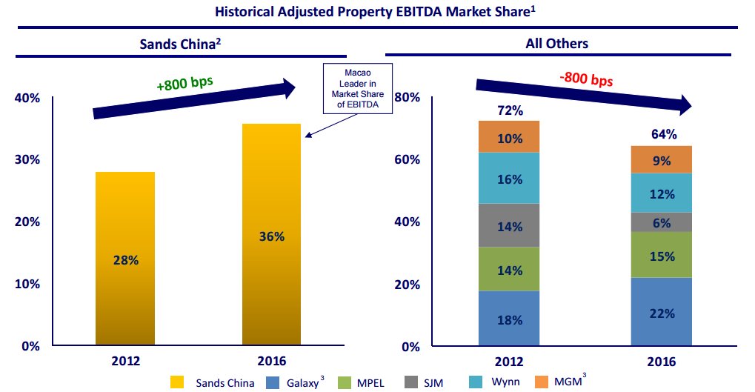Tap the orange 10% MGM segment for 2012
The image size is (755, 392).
click(508, 137)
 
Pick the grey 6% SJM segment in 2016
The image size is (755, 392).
click(662, 222)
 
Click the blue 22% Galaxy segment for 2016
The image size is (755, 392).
click(662, 312)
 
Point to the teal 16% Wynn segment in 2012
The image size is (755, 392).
click(508, 179)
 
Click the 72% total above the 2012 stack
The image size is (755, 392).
click(510, 111)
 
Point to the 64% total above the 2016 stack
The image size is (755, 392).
click(663, 134)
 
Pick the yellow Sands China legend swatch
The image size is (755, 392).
click(176, 382)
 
